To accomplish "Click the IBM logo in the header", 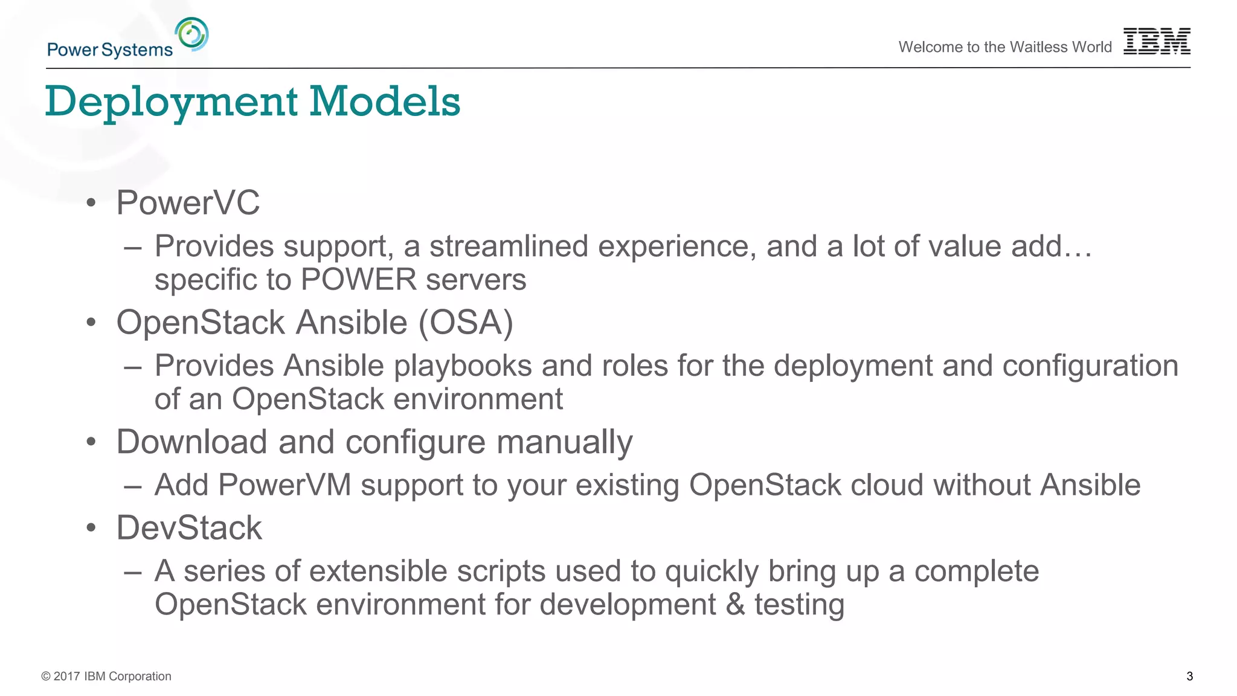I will coord(1156,41).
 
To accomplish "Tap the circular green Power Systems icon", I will coord(192,34).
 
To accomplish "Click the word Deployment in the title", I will coord(172,101).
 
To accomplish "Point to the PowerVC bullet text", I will coord(188,202).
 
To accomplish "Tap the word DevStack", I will coord(189,527).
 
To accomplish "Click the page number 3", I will coord(1189,676).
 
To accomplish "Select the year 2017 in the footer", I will coord(66,676).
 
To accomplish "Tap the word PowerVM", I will coord(284,485).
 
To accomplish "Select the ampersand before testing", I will coord(735,604).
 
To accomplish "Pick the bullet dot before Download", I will coord(91,442).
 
